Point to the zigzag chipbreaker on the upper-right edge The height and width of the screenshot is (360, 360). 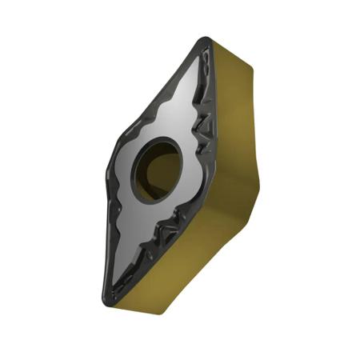(203, 120)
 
